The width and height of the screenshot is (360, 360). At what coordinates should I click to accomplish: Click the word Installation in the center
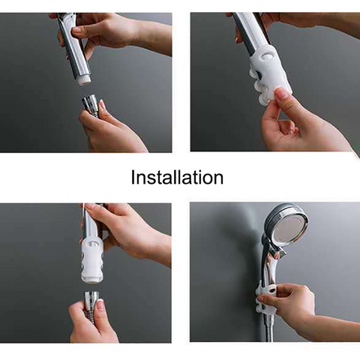point(177,178)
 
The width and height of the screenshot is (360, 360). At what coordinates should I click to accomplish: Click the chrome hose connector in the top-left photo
point(90,102)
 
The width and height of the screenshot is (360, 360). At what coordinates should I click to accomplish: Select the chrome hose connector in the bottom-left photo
point(93,300)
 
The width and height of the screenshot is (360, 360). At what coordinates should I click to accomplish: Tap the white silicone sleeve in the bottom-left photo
point(91,260)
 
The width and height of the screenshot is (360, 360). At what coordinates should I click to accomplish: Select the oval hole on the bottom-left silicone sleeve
point(93,244)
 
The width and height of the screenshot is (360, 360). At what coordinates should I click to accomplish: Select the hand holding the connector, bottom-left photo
point(91,322)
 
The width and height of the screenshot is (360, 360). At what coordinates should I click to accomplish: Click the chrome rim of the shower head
point(274,220)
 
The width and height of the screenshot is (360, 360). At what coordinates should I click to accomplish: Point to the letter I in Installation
point(133,178)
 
